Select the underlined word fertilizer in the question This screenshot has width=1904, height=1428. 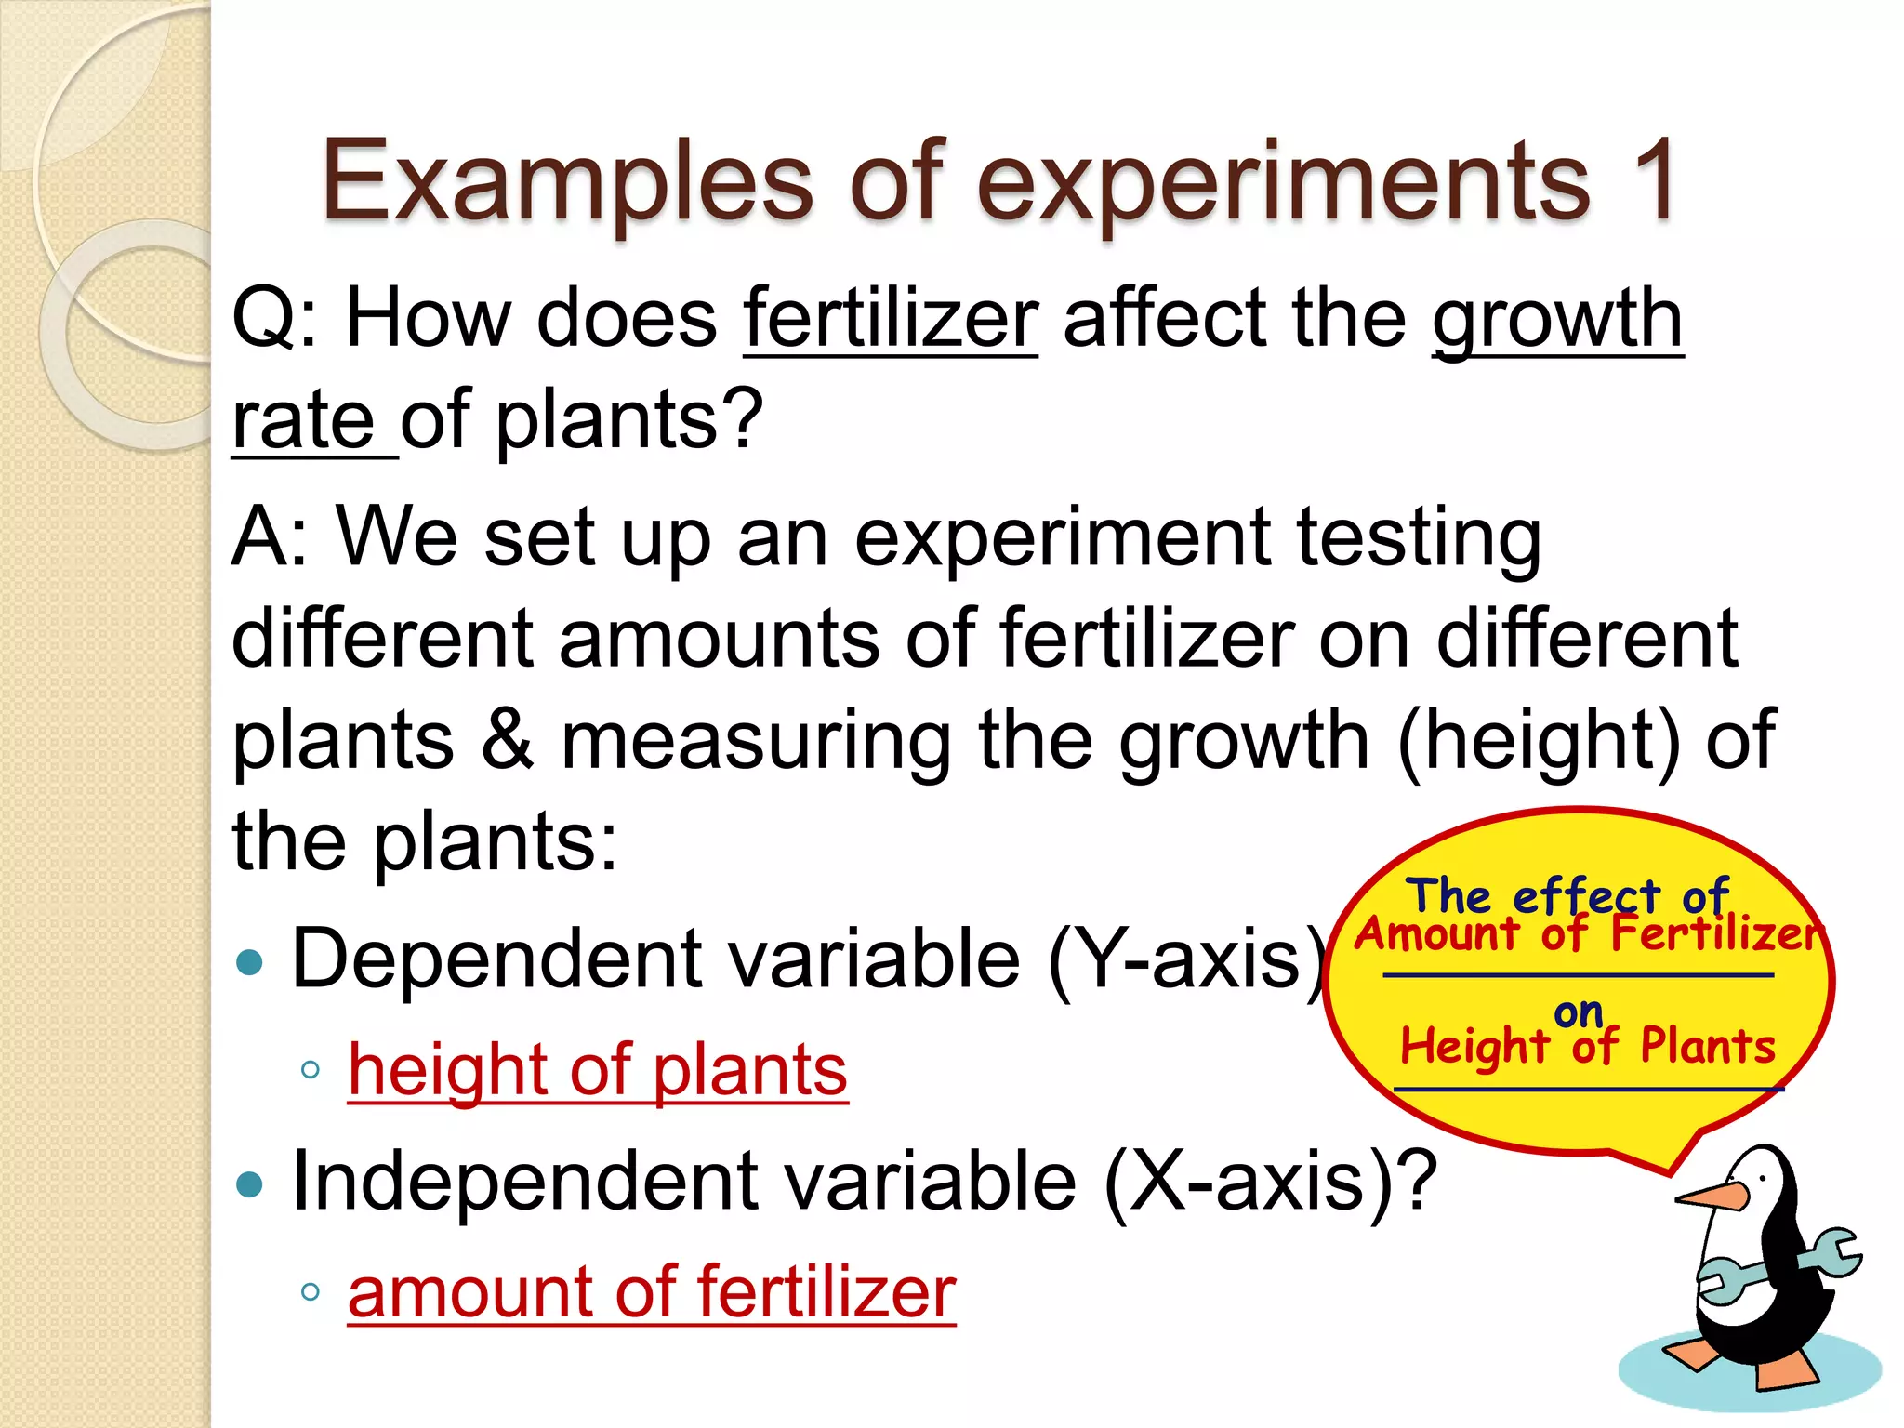891,320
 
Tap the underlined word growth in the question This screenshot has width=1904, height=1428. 1557,320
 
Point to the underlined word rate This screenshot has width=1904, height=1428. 303,420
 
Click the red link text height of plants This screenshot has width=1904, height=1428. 598,1070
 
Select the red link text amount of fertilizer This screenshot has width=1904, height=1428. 652,1292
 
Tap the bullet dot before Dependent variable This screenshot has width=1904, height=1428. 250,962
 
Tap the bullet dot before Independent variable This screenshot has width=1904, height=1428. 250,1184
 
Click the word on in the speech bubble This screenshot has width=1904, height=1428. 1578,1012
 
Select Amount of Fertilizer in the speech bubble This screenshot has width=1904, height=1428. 1588,933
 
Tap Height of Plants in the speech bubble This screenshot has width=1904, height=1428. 1588,1046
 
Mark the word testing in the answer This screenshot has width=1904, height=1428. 1419,537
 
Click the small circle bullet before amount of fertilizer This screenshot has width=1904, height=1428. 311,1292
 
